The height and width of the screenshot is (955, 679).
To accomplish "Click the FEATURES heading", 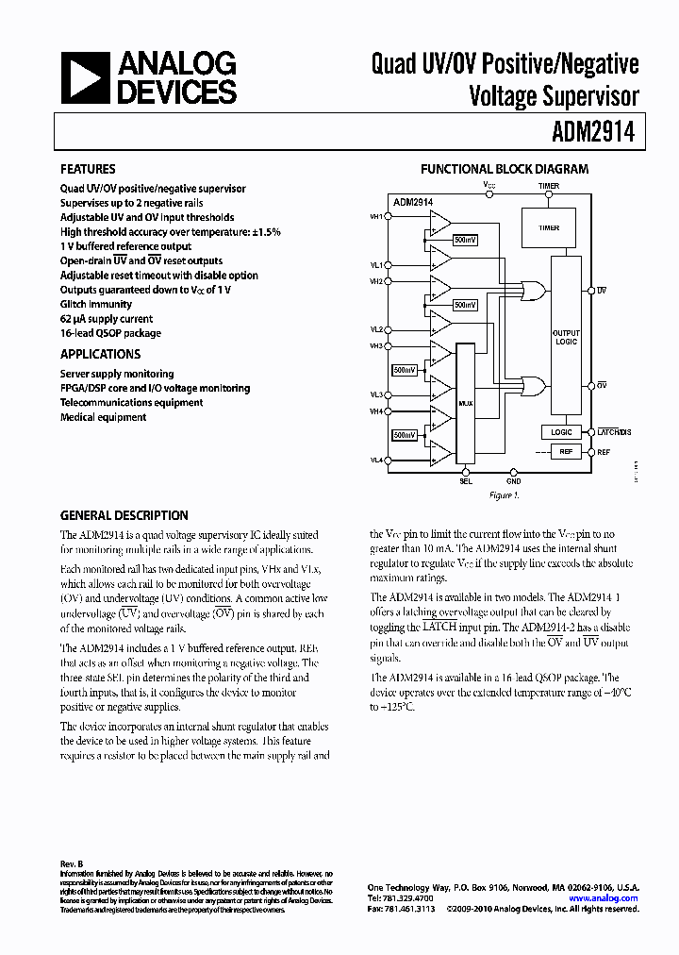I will (88, 169).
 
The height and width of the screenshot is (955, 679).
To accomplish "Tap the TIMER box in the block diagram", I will (549, 228).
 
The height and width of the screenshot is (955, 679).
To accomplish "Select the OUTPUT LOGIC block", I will (566, 337).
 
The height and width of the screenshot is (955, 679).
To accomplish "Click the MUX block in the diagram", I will (466, 402).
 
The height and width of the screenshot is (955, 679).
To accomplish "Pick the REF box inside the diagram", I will (566, 452).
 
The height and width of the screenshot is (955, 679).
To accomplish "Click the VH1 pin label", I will (376, 216).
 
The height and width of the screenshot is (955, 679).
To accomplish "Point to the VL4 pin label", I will (376, 460).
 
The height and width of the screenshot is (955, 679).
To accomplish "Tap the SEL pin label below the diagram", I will (465, 481).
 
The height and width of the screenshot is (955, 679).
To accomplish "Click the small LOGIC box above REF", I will (562, 431).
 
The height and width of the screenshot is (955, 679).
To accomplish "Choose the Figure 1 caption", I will (504, 494).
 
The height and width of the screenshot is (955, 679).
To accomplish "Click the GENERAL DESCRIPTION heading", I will (124, 515).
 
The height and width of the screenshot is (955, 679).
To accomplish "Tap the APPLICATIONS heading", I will (100, 354).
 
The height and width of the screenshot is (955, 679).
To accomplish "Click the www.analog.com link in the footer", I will (610, 898).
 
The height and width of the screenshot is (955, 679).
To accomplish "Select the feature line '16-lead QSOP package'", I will (110, 333).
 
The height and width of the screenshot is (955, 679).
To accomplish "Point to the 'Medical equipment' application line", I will (103, 417).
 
